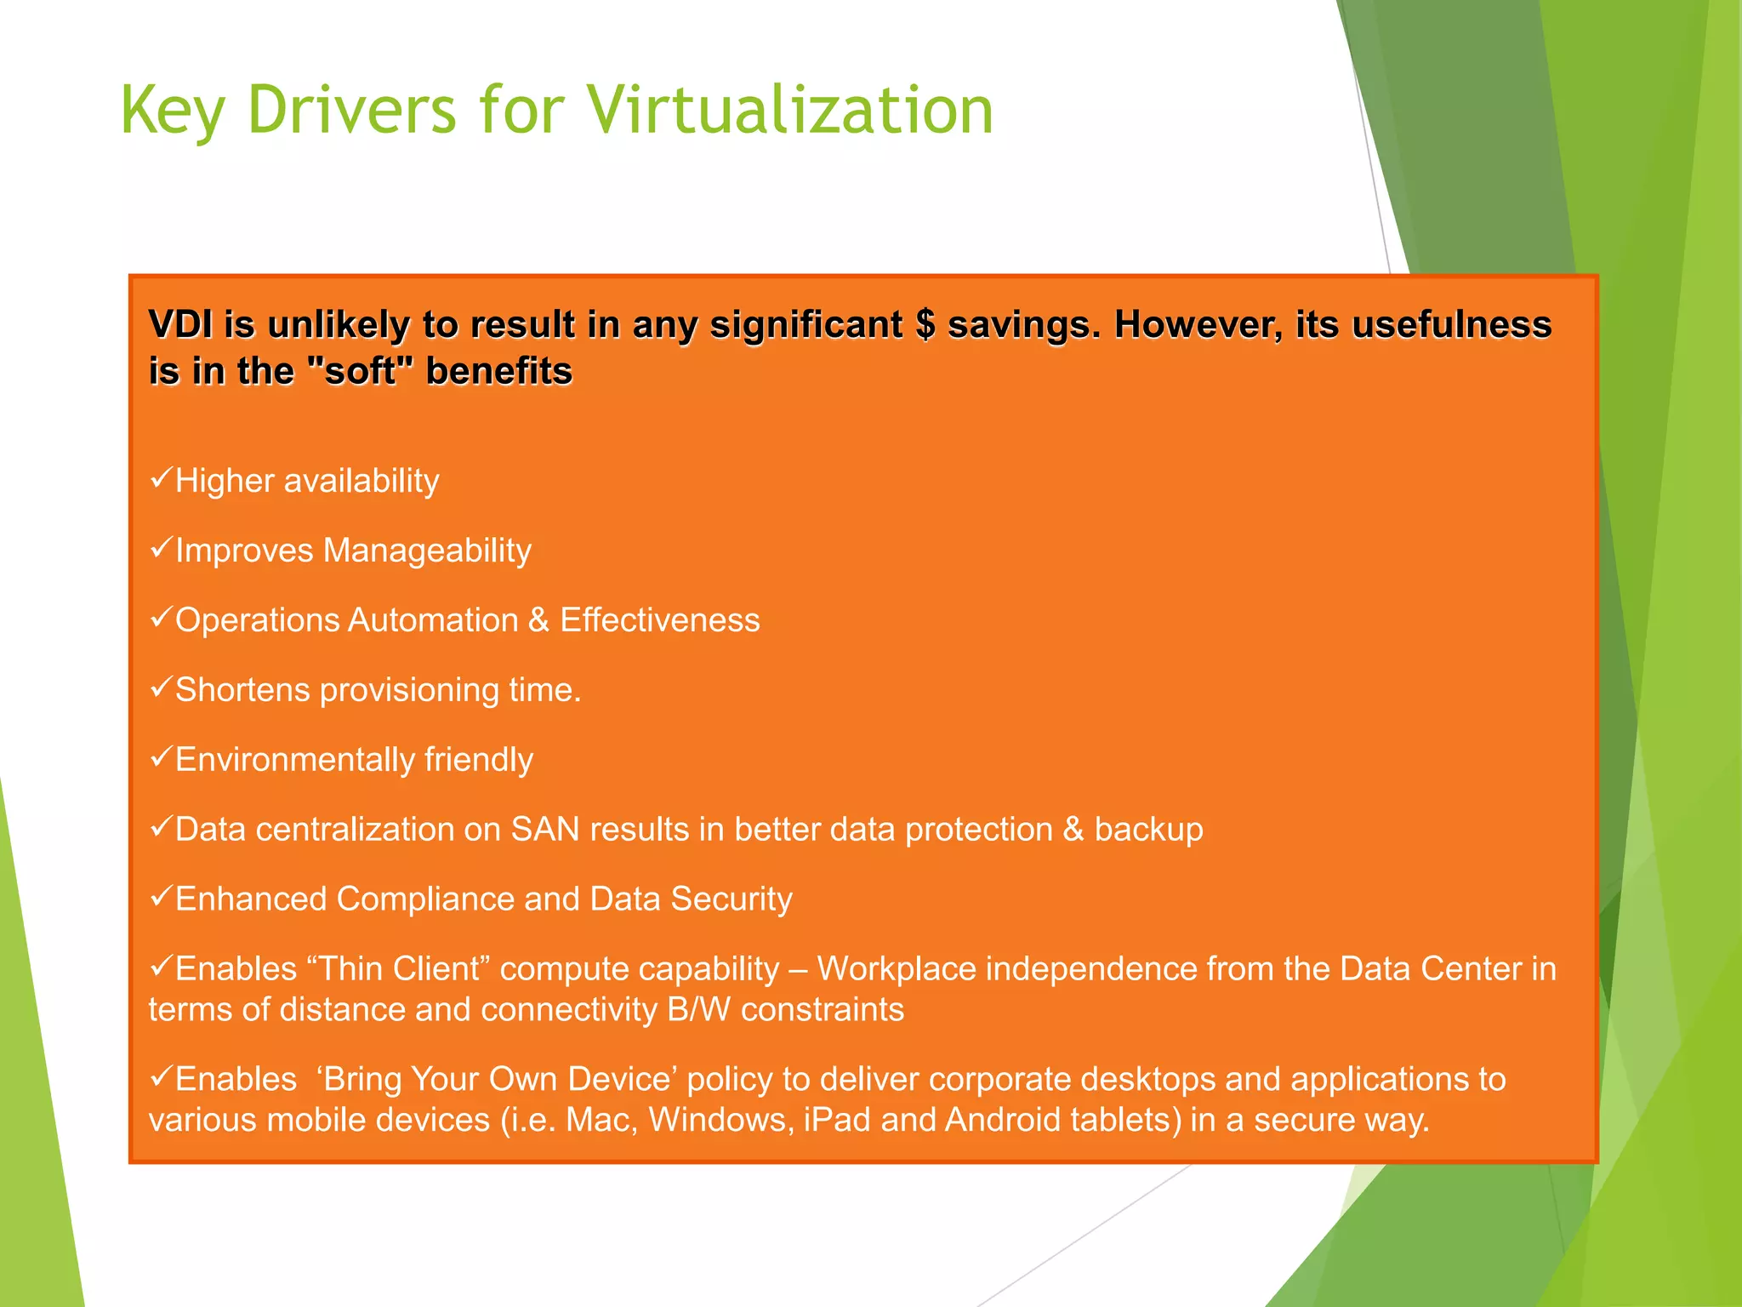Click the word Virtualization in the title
791,111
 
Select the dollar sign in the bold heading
925,324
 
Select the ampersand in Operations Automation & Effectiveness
538,620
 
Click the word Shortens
242,690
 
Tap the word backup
1148,830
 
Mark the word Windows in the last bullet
721,1121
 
